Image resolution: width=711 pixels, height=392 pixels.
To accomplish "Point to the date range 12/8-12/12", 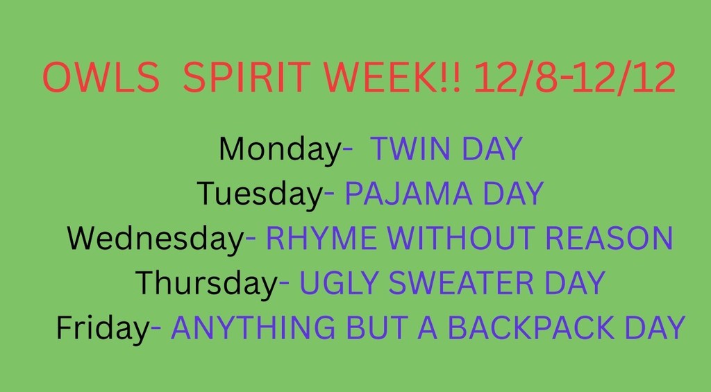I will point(574,78).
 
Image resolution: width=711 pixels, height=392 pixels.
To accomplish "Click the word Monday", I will point(280,149).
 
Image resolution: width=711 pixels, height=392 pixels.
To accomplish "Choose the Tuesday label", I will point(260,194).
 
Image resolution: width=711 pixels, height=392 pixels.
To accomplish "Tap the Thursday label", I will point(206,283).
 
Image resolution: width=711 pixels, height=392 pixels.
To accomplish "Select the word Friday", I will point(103,327).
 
